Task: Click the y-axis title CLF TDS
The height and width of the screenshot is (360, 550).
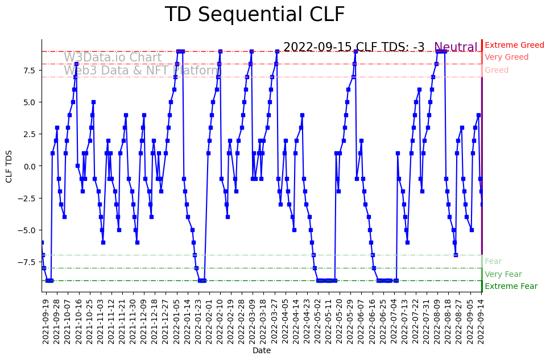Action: (x=9, y=165)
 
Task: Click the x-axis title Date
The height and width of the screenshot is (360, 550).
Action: (x=262, y=351)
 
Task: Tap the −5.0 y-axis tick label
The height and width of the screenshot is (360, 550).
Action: (x=28, y=230)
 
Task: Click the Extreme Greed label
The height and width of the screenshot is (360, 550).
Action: (x=514, y=45)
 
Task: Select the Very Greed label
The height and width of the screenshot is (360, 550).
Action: (x=506, y=57)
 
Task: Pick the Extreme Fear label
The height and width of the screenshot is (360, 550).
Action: (x=511, y=286)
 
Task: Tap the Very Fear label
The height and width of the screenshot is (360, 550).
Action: (x=503, y=274)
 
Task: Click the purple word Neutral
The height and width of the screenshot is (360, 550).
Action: (x=456, y=48)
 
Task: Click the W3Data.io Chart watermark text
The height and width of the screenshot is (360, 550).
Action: (x=113, y=57)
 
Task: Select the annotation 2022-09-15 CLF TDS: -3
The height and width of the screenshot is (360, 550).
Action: (x=354, y=48)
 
